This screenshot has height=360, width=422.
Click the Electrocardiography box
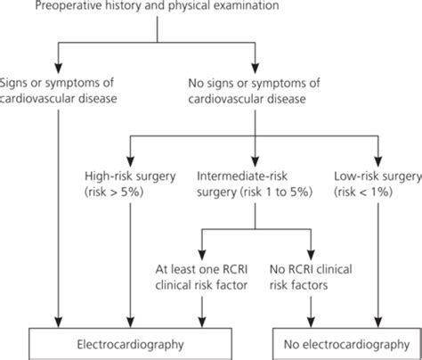tap(131, 340)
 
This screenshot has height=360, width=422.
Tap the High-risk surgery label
tap(131, 176)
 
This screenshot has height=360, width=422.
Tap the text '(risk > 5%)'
tap(131, 192)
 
